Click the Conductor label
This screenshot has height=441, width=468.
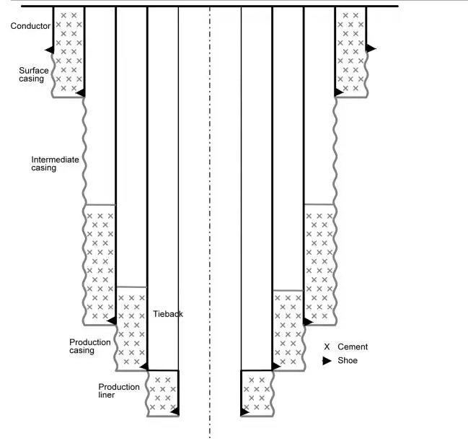pyautogui.click(x=31, y=26)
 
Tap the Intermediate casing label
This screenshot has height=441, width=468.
pyautogui.click(x=55, y=163)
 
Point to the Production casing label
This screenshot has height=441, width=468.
pyautogui.click(x=90, y=346)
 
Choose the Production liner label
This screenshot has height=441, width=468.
pyautogui.click(x=119, y=390)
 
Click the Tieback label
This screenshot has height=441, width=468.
pyautogui.click(x=168, y=314)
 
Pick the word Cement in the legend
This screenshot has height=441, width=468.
pyautogui.click(x=353, y=347)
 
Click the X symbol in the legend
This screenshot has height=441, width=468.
pyautogui.click(x=327, y=347)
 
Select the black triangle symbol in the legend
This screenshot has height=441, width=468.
pyautogui.click(x=327, y=360)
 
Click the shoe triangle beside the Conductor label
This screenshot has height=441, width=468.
pyautogui.click(x=49, y=49)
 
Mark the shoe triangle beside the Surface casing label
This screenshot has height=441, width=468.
pyautogui.click(x=80, y=92)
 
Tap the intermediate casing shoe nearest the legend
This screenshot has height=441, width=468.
pyautogui.click(x=308, y=321)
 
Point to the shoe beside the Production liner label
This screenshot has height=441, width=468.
pyautogui.click(x=174, y=411)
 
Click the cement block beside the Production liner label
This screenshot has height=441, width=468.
pyautogui.click(x=162, y=393)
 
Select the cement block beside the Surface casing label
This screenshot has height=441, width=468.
pyautogui.click(x=69, y=51)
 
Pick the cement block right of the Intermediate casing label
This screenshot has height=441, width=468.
pyautogui.click(x=100, y=263)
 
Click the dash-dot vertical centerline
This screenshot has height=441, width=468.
pyautogui.click(x=210, y=217)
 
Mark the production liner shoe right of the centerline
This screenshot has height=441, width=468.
pyautogui.click(x=244, y=411)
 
